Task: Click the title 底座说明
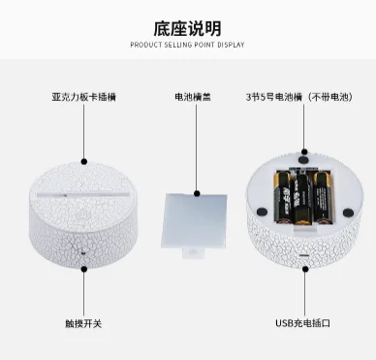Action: pos(187,27)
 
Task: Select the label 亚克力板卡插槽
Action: pos(84,98)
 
